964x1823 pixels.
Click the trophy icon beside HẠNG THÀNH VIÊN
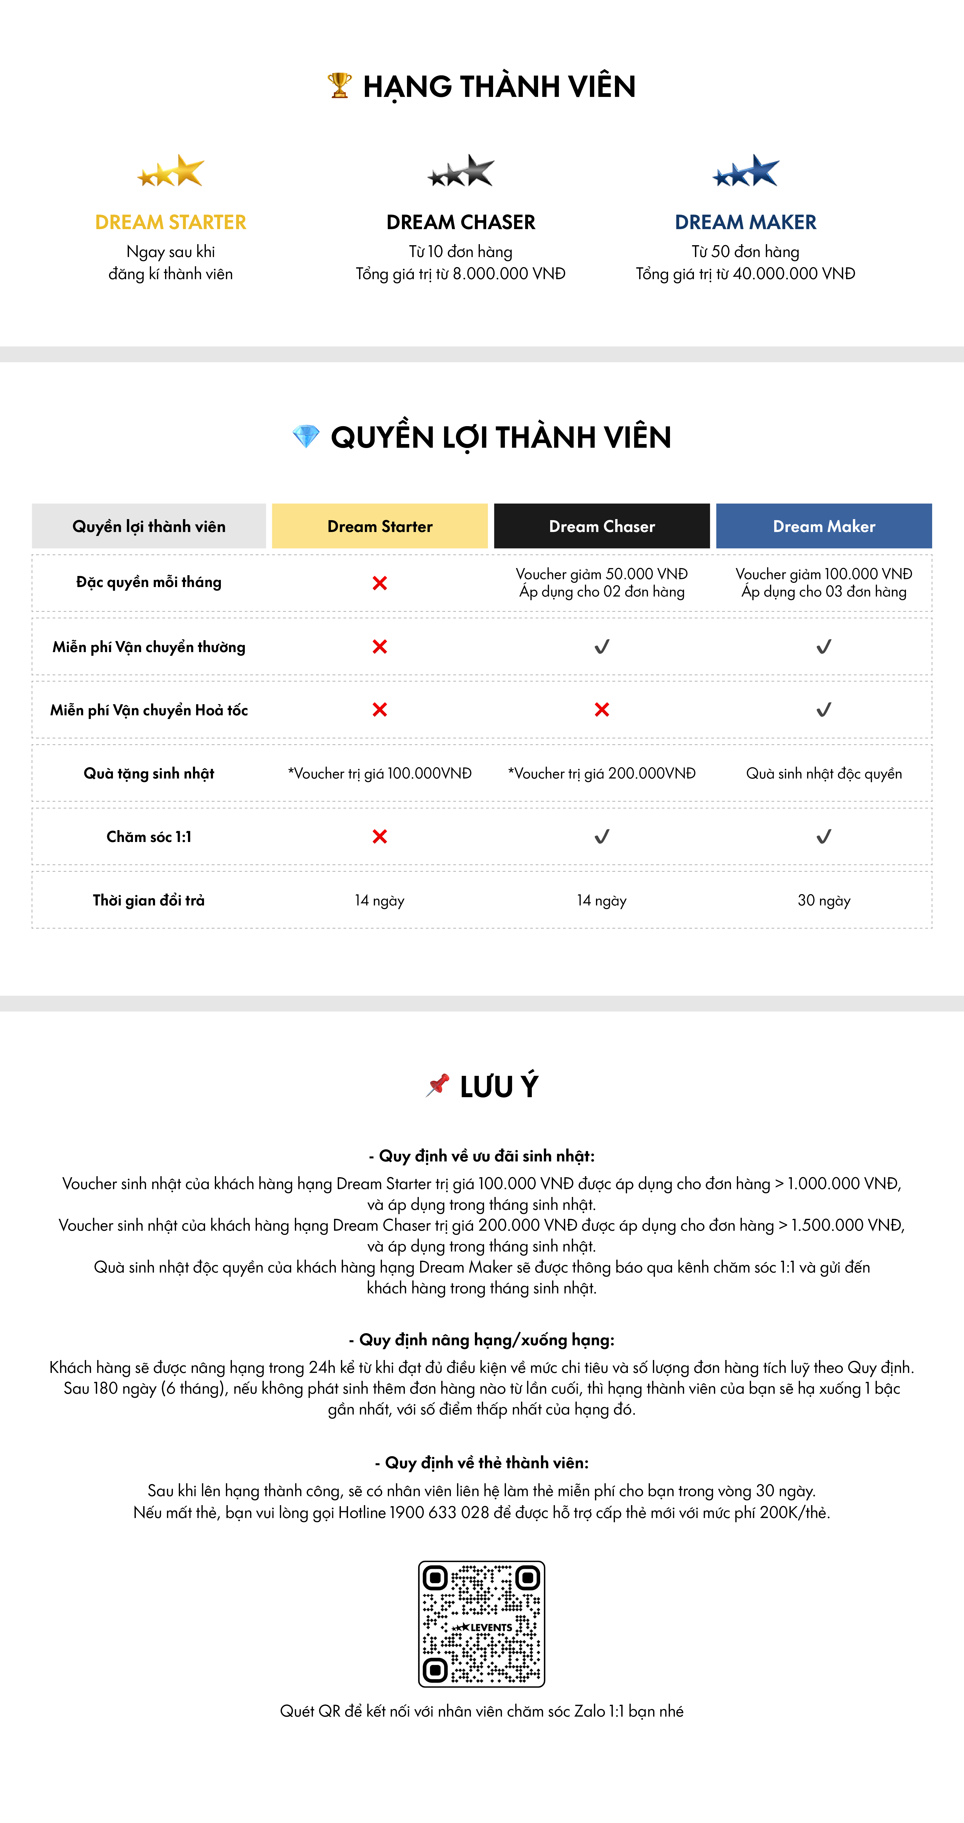click(340, 86)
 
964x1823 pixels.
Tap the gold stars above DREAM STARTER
click(170, 171)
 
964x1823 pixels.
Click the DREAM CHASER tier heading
click(460, 222)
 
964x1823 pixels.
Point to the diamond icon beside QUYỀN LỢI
click(306, 437)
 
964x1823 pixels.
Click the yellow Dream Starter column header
click(380, 526)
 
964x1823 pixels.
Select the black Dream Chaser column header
click(602, 526)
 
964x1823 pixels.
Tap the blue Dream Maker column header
click(824, 526)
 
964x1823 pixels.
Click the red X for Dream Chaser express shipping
click(602, 710)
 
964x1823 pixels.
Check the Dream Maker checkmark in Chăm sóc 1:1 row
click(824, 836)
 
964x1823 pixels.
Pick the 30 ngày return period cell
click(824, 900)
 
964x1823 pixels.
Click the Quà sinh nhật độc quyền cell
click(824, 773)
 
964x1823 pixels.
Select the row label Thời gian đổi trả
click(148, 900)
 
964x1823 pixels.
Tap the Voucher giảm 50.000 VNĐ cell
click(602, 582)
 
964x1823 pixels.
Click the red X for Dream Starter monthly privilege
click(380, 583)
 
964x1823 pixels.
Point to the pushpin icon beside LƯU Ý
click(438, 1085)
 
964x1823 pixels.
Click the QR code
click(482, 1623)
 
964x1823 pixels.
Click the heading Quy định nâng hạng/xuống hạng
click(482, 1340)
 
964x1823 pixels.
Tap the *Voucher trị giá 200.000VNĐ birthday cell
click(602, 773)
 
